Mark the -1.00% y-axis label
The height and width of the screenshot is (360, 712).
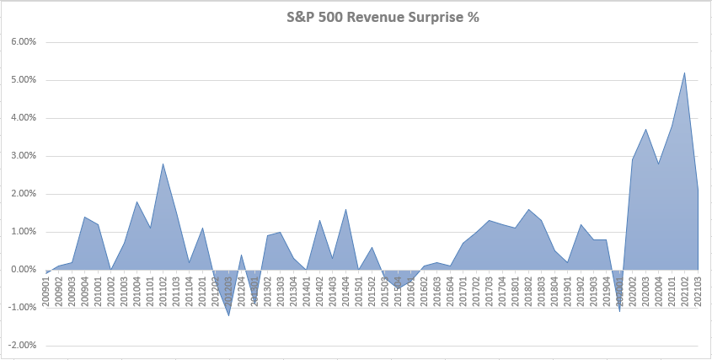(x=20, y=308)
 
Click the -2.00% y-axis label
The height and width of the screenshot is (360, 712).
(x=20, y=346)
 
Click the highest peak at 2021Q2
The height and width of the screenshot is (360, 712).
(x=684, y=73)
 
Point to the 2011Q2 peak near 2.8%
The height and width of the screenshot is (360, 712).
(x=163, y=164)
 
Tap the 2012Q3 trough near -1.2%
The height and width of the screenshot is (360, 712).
(x=228, y=315)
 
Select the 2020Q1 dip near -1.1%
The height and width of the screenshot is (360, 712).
(x=619, y=311)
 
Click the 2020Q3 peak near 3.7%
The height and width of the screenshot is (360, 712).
(x=645, y=130)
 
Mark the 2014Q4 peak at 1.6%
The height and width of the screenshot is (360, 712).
(x=345, y=209)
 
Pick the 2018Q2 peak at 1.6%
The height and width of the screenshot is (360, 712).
(x=528, y=209)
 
